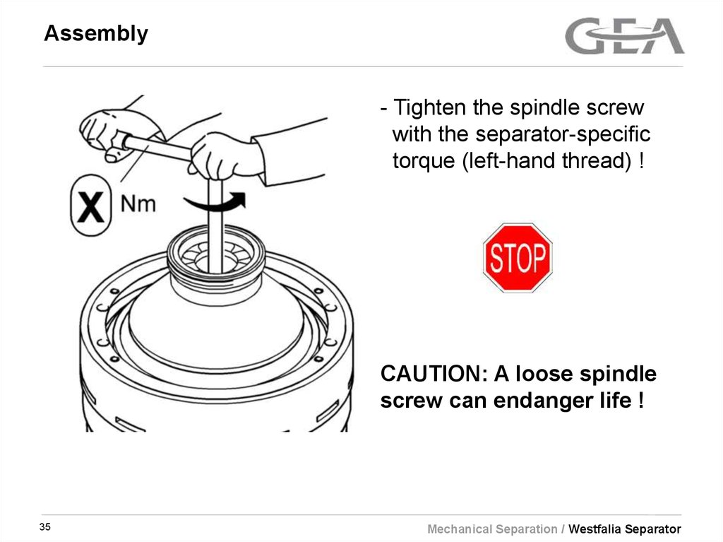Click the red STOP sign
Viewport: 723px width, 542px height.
click(x=517, y=258)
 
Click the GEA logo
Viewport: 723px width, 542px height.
click(x=624, y=37)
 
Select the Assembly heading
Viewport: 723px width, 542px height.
click(x=96, y=34)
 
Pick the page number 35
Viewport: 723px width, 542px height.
click(x=45, y=528)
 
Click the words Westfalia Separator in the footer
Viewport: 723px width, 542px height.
click(x=625, y=529)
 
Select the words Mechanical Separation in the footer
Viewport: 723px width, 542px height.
click(x=492, y=529)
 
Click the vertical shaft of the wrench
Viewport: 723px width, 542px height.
click(x=216, y=226)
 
